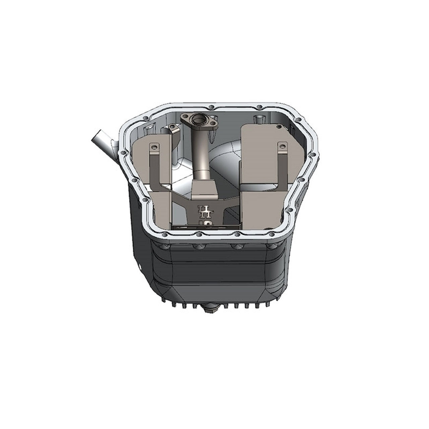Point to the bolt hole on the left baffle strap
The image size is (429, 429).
(154, 146)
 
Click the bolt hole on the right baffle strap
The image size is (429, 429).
(282, 146)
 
